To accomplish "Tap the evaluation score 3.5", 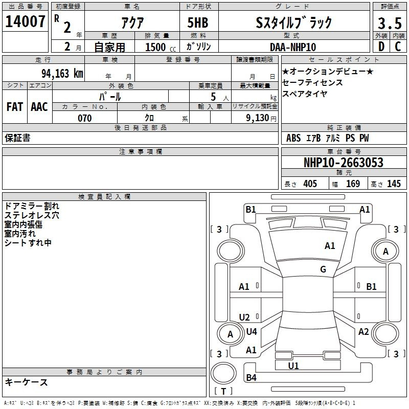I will tap(389, 24).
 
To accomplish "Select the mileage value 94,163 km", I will tap(61, 73).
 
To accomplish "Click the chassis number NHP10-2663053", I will tap(343, 163).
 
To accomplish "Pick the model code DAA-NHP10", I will tap(293, 47).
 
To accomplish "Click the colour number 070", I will tap(85, 118).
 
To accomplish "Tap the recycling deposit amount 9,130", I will tap(258, 118).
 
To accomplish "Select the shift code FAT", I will tap(15, 106).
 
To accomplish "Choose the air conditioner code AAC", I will tap(39, 106).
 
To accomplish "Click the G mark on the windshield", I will tap(323, 269).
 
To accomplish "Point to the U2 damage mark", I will tap(244, 317).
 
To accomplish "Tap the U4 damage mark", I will tap(251, 332).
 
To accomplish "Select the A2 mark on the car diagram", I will tap(363, 332).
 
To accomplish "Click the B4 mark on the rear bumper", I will tap(251, 378).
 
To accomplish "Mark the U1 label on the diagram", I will tap(293, 366).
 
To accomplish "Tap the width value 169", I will tap(353, 184).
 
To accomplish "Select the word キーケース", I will tap(26, 382).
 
